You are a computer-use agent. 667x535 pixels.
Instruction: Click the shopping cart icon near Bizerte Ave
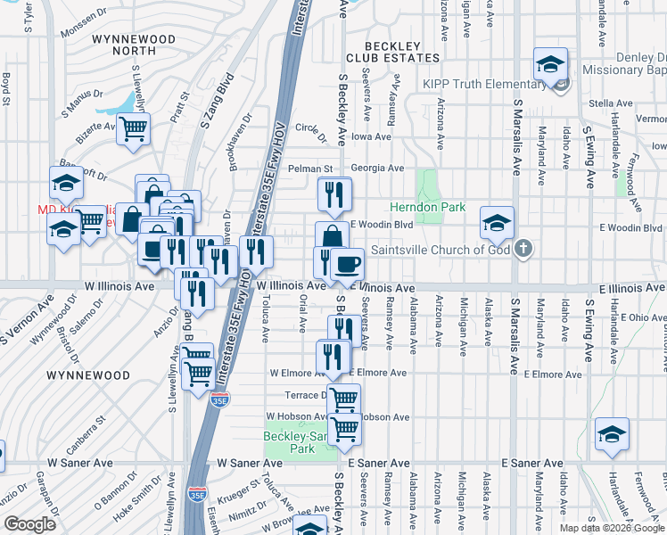(133, 129)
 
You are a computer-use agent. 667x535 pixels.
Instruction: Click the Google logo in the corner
(29, 524)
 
